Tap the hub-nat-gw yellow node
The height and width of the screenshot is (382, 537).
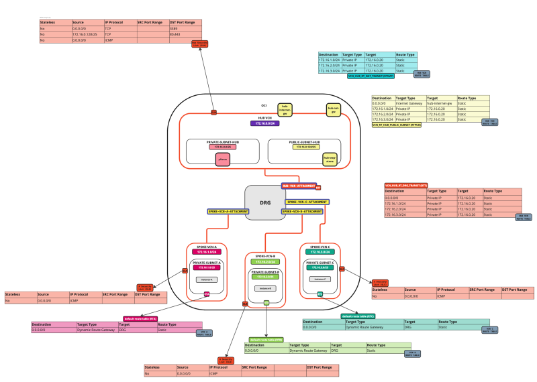[332, 109]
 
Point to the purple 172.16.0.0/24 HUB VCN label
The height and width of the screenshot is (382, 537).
[265, 123]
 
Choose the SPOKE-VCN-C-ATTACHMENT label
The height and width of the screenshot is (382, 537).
[307, 202]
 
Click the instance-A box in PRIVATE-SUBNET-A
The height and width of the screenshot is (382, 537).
[206, 279]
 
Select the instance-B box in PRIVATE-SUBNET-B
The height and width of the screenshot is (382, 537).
[264, 288]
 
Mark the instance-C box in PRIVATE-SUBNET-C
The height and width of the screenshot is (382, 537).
[320, 279]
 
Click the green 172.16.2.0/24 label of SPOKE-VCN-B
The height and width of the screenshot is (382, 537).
[265, 261]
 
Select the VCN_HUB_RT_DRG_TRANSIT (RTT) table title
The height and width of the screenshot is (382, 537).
[407, 185]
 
